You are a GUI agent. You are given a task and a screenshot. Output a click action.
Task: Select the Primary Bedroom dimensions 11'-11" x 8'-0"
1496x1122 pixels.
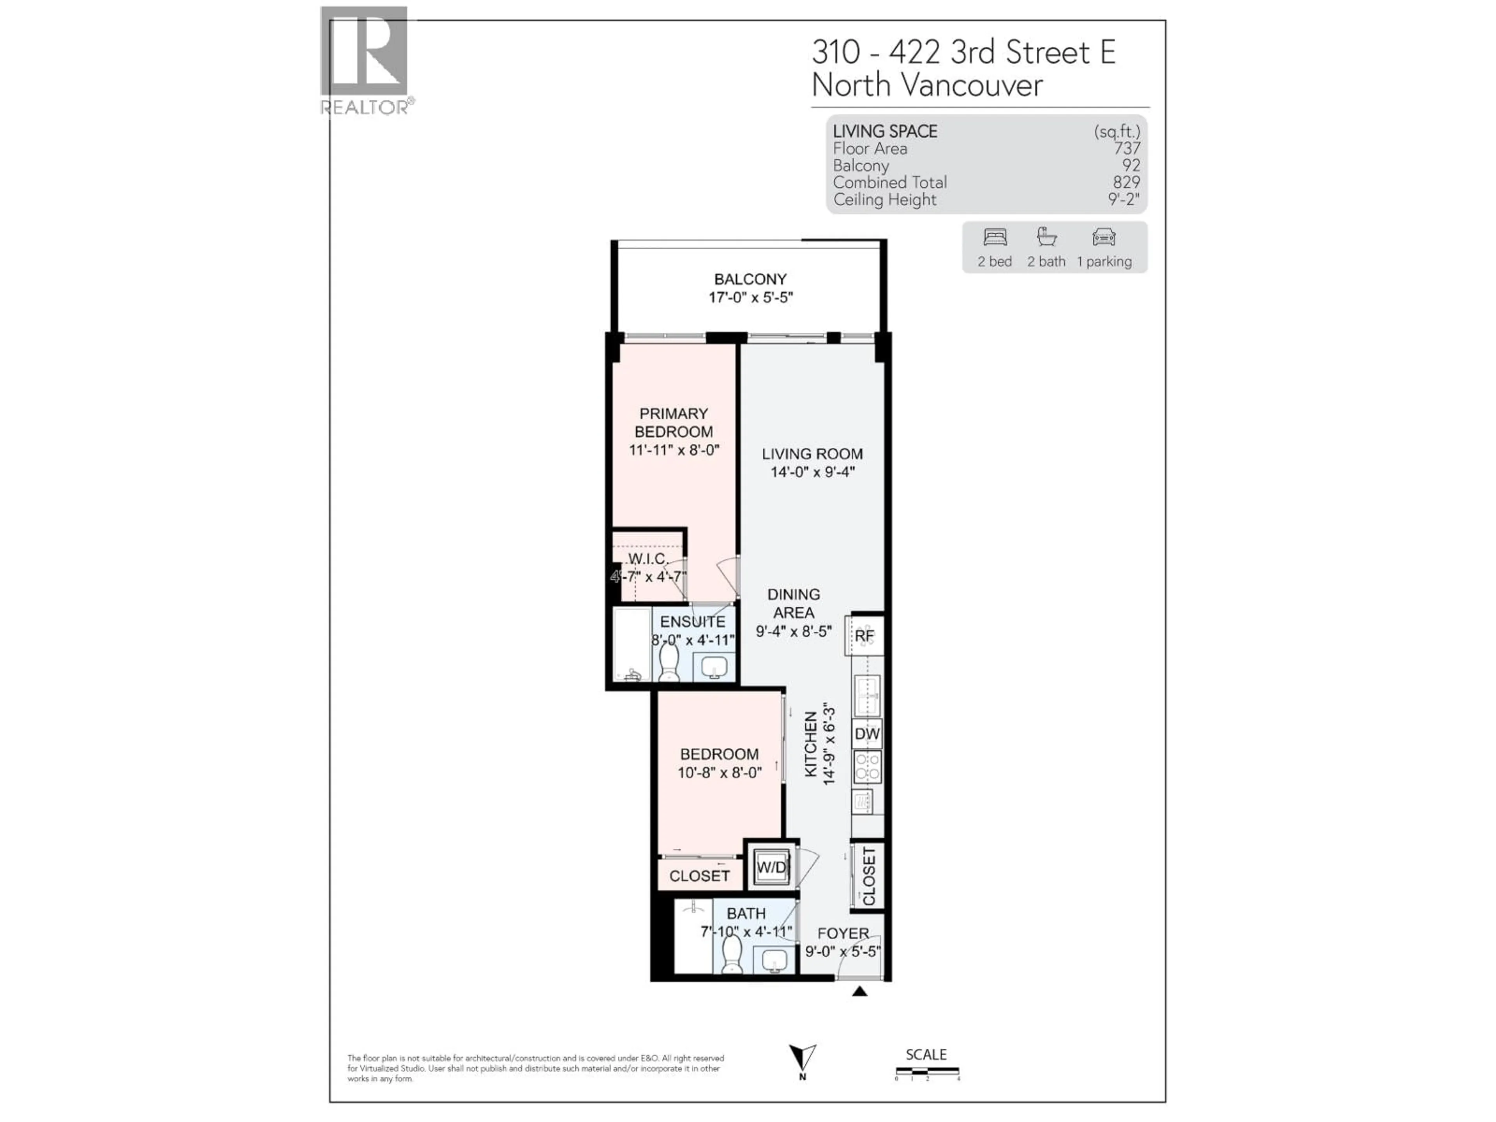pyautogui.click(x=674, y=450)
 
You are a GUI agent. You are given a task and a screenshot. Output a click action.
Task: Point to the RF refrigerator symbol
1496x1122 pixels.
pyautogui.click(x=864, y=636)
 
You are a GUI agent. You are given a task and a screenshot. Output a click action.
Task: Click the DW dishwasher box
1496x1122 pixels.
pyautogui.click(x=867, y=734)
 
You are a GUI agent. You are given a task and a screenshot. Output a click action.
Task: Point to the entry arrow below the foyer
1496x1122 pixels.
pyautogui.click(x=859, y=991)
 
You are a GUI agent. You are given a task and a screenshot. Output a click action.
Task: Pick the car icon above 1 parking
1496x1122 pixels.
pyautogui.click(x=1104, y=237)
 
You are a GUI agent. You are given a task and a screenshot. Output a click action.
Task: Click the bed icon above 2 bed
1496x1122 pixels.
pyautogui.click(x=995, y=237)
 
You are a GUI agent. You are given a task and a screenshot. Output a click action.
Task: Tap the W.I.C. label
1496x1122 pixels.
pyautogui.click(x=648, y=559)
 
